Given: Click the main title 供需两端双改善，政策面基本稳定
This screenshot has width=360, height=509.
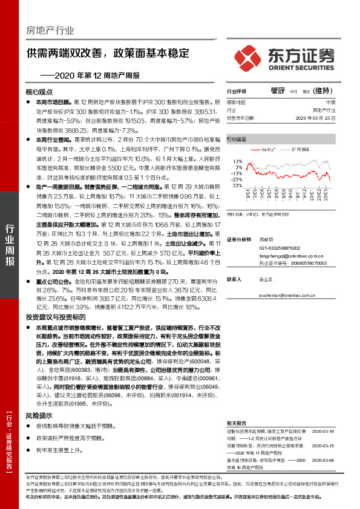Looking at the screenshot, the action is pyautogui.click(x=108, y=53).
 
